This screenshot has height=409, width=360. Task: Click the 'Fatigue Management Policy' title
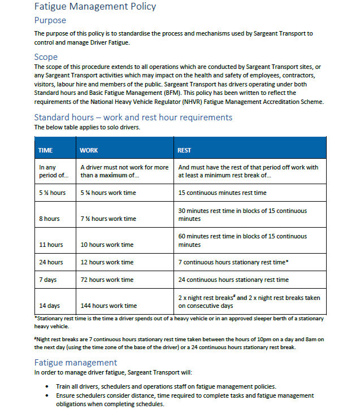point(95,7)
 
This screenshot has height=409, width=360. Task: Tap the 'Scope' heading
point(46,56)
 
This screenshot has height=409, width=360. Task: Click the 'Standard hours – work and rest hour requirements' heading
point(133,118)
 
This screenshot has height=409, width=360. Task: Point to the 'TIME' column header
point(45,150)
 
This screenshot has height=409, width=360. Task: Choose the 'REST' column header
point(184,150)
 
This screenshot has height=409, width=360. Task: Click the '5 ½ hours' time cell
point(52,193)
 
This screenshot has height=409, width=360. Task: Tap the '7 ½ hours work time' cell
point(109,219)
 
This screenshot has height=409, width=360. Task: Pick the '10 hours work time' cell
point(107,245)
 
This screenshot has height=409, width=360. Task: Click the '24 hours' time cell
point(51,262)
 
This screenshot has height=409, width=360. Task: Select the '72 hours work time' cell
point(107,280)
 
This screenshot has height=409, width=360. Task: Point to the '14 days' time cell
point(49,306)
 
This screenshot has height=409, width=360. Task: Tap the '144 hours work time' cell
point(109,306)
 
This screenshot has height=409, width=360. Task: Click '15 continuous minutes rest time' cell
point(222,193)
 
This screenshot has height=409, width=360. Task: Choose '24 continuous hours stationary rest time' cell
point(233,280)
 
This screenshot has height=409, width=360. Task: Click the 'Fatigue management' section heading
point(75,363)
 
